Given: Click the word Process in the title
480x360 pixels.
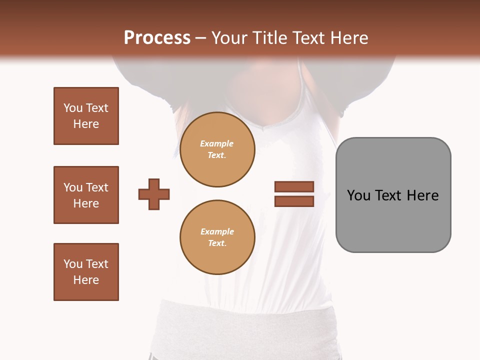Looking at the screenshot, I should pos(157,38).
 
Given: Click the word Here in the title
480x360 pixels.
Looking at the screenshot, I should pos(348,38).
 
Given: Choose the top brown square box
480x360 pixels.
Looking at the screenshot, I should pos(86,116).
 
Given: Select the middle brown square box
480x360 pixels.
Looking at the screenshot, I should pos(86,195).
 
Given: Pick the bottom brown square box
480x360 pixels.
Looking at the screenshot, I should pos(86,272).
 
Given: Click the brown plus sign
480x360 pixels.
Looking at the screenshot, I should pos(154,194).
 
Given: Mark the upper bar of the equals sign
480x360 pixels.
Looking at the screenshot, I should pos(294,187).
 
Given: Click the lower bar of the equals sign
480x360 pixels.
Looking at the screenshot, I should pos(294,201).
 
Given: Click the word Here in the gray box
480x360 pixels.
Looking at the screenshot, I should pos(422,195).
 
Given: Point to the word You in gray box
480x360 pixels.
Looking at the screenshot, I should pos(358,195).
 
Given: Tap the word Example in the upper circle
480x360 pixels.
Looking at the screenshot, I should pos(217,143).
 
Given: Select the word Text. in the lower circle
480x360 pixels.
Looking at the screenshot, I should pos(217,243).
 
